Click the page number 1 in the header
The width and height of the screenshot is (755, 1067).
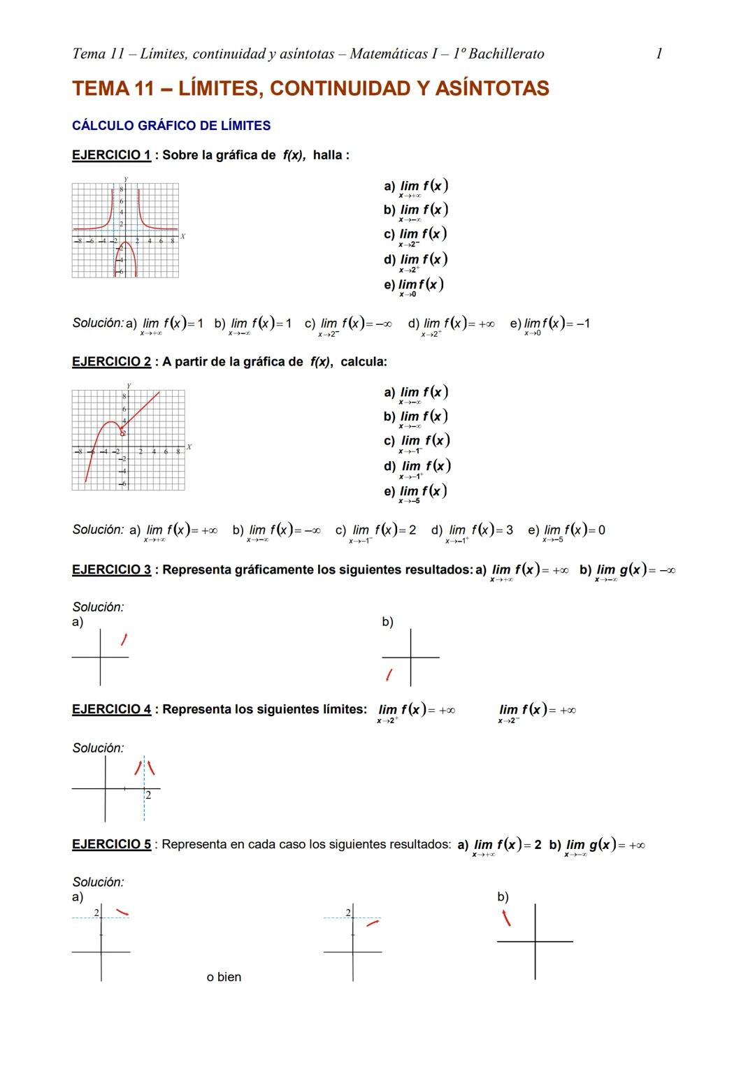[x=659, y=54]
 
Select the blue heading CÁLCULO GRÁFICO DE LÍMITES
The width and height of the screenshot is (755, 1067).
[x=171, y=126]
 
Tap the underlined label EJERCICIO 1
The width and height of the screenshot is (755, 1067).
[x=111, y=155]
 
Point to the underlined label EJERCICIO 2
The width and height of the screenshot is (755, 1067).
[x=111, y=362]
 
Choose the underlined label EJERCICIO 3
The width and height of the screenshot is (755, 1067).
[x=111, y=569]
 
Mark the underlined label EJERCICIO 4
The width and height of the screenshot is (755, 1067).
[x=111, y=709]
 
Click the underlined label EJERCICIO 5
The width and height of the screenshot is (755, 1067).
[x=111, y=844]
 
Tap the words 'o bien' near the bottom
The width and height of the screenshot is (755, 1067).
[x=224, y=977]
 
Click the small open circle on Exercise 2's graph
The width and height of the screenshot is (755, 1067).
[x=122, y=433]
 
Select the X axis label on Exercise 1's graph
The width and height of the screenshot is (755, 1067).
[x=183, y=236]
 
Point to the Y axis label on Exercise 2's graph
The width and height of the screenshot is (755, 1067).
[x=129, y=385]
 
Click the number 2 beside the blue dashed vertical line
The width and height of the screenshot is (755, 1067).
[x=148, y=795]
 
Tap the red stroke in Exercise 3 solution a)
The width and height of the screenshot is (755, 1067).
[x=124, y=640]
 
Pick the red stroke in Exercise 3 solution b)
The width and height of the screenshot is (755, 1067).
[x=389, y=675]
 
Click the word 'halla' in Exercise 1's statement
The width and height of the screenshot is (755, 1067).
[x=327, y=155]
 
